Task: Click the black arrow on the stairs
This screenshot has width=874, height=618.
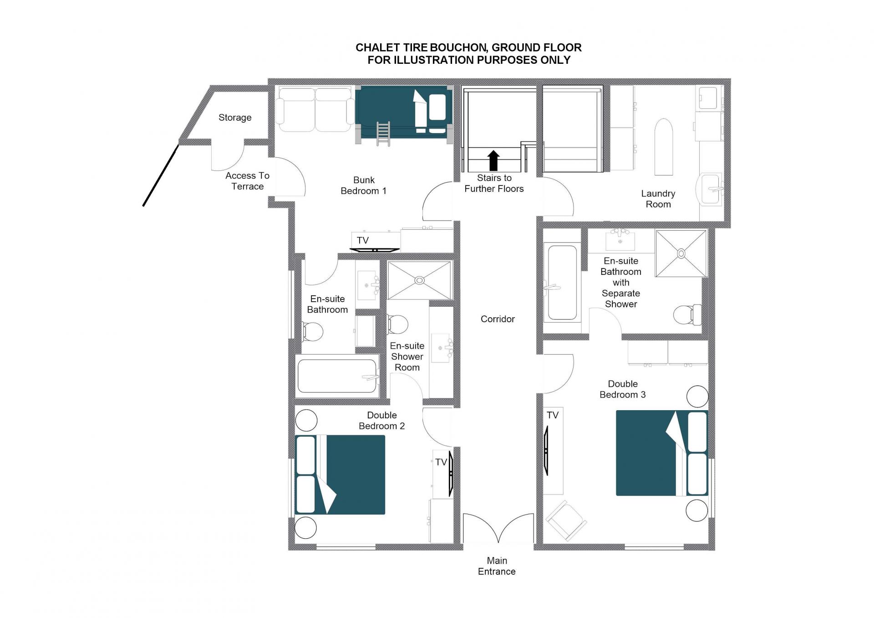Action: [x=493, y=161]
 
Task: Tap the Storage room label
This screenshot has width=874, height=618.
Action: [x=235, y=118]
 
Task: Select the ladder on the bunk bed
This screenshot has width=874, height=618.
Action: [x=383, y=134]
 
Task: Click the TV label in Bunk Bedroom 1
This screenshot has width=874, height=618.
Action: [x=363, y=240]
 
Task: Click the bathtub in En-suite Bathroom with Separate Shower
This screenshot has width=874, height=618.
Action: [x=562, y=283]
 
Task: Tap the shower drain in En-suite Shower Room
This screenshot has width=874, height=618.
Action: [x=420, y=281]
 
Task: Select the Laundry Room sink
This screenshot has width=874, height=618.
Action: [x=709, y=189]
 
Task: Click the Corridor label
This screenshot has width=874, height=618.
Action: [x=498, y=319]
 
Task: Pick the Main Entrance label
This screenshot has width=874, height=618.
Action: [x=497, y=566]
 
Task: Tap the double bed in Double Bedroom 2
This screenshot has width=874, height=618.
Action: [x=340, y=475]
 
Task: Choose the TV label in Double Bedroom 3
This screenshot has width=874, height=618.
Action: [x=553, y=415]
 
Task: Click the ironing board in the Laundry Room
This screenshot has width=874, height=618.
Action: [x=664, y=147]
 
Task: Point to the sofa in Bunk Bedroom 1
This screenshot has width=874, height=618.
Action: [x=315, y=110]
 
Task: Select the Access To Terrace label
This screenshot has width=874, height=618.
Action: [x=248, y=181]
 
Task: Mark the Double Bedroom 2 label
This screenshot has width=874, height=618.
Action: [x=382, y=421]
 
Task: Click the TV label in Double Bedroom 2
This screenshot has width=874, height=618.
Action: [x=441, y=462]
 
